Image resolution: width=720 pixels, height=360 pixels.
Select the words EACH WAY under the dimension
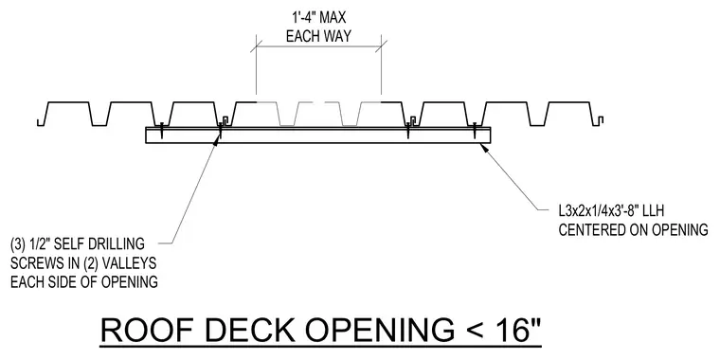[x=318, y=36]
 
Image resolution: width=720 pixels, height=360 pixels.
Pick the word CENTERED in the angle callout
[x=594, y=229]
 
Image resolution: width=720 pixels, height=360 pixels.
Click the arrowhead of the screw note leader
[x=216, y=139]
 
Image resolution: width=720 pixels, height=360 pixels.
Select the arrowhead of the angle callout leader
[x=483, y=147]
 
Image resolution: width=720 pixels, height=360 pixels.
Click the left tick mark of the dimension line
[x=256, y=45]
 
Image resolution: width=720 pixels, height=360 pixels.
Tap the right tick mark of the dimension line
[x=381, y=45]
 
